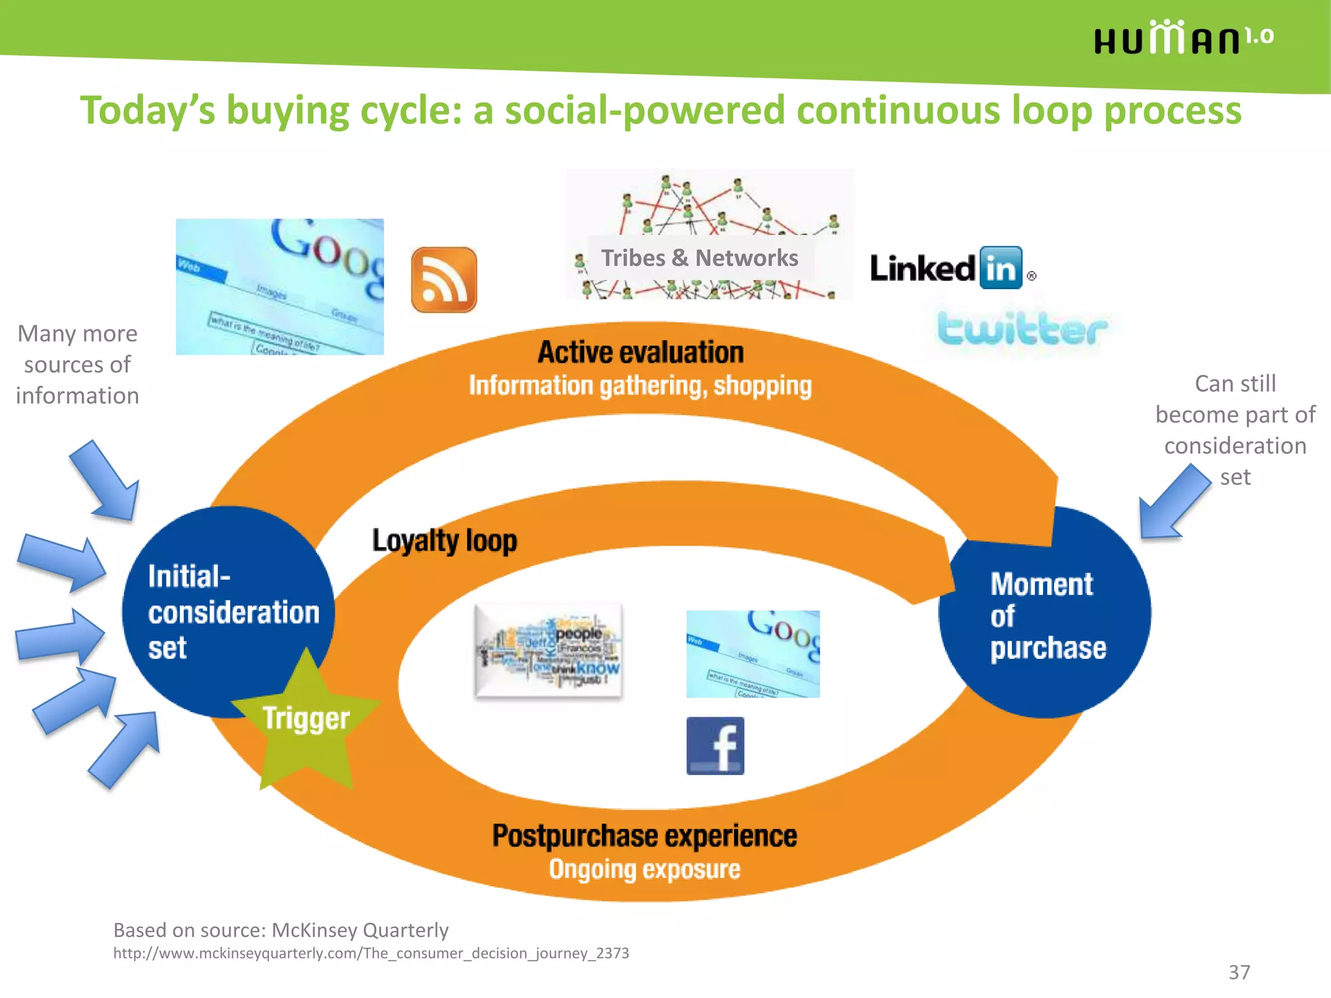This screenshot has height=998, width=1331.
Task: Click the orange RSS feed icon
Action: (x=444, y=279)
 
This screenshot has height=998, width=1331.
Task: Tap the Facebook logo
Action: (x=715, y=746)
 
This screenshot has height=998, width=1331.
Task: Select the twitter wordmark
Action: (x=1022, y=329)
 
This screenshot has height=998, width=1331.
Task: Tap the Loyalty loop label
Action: (x=445, y=541)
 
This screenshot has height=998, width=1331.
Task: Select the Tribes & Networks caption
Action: (x=699, y=258)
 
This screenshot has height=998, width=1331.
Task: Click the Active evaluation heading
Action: (x=640, y=352)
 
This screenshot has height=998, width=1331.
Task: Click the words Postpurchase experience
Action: (x=644, y=836)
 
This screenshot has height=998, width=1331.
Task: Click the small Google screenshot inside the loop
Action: (x=753, y=654)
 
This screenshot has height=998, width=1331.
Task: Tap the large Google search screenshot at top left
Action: (x=279, y=287)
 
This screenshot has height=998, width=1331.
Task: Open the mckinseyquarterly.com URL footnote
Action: (x=370, y=953)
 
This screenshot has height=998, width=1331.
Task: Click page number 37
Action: (x=1239, y=972)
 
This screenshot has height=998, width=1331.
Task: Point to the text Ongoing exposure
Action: (x=644, y=869)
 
